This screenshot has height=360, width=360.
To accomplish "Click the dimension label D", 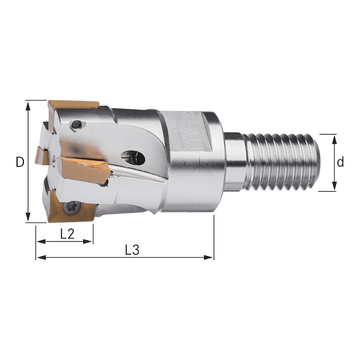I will click(x=19, y=162).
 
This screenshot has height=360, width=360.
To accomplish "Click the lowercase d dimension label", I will click(x=341, y=162).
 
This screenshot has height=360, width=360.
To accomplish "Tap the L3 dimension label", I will click(x=132, y=250).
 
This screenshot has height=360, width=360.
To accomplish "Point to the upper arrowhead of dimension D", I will click(x=28, y=105).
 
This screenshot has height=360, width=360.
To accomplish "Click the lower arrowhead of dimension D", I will click(x=28, y=219).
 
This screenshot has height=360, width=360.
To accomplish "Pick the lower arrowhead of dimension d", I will click(x=334, y=187).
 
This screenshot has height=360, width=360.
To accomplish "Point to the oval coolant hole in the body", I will click(x=134, y=157).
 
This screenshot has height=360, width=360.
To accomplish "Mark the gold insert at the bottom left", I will click(x=67, y=210).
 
